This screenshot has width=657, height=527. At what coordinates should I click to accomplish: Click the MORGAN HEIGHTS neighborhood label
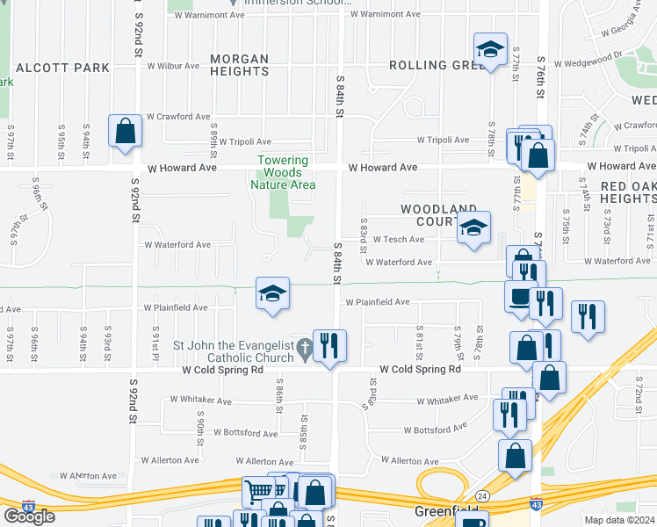(x=239, y=66)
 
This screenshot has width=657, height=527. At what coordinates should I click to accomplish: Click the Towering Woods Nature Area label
(x=282, y=172)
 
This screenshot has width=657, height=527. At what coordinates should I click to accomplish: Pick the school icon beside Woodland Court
(x=473, y=228)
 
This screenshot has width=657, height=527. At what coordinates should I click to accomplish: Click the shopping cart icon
(x=257, y=492)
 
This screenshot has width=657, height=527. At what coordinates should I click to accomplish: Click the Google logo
(x=29, y=516)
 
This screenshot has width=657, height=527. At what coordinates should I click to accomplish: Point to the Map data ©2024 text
(x=619, y=520)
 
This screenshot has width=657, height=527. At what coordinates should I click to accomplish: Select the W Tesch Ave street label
(x=399, y=239)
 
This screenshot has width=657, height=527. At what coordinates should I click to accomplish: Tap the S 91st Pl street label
(x=155, y=339)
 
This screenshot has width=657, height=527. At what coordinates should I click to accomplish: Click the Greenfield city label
(x=446, y=511)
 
